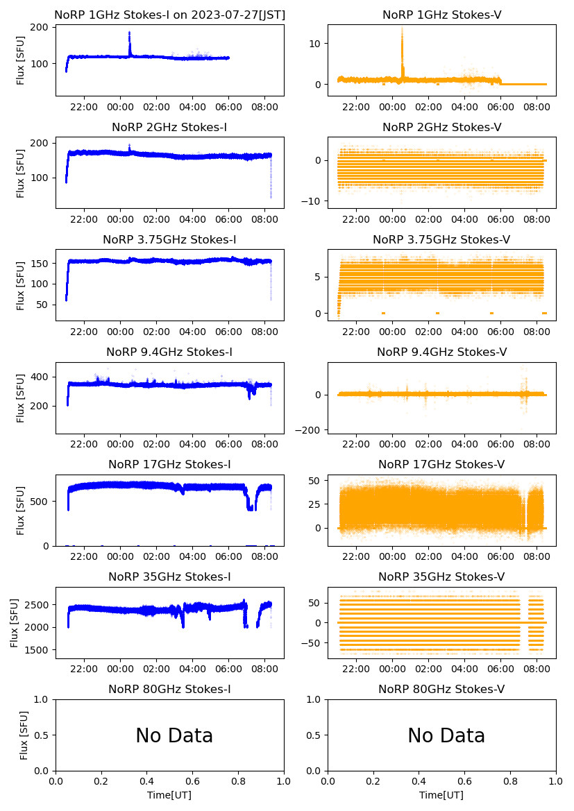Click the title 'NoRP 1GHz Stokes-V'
(441, 15)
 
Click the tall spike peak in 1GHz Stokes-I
(129, 33)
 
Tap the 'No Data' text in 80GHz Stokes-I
(174, 736)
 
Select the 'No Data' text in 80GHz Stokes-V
(446, 736)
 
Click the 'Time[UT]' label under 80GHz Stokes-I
(169, 795)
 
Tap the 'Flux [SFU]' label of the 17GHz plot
(21, 511)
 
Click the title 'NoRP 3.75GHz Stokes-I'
(169, 240)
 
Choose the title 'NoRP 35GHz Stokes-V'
(441, 577)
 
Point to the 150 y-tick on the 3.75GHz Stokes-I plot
(41, 264)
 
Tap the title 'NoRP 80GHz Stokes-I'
(169, 690)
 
